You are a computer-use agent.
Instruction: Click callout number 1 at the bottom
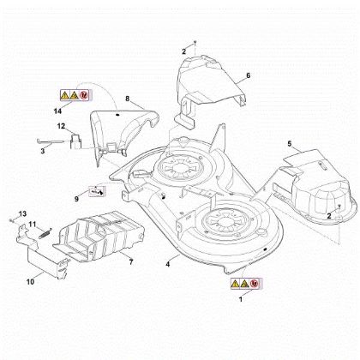click(x=240, y=301)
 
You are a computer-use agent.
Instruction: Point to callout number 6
click(x=249, y=76)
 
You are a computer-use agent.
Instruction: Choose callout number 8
click(x=128, y=99)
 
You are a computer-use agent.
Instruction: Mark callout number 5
click(x=289, y=143)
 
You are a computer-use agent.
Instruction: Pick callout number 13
click(x=23, y=213)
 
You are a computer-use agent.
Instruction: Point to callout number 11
click(x=33, y=225)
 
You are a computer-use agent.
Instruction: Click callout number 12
click(x=61, y=127)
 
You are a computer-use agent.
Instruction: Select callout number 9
click(x=76, y=198)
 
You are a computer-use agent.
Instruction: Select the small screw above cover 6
click(x=196, y=41)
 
